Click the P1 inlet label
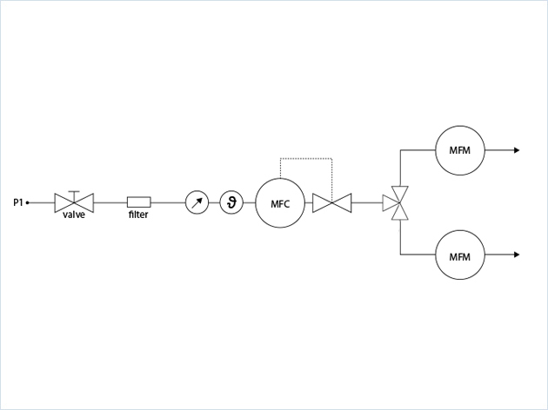17,203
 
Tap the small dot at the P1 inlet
28,203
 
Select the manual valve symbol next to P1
74,203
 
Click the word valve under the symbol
74,215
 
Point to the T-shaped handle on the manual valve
74,191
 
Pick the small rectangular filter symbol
138,202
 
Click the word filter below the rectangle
138,215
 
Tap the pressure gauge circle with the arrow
197,203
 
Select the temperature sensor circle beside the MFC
231,203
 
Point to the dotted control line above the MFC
304,159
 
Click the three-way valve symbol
399,203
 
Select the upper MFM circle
459,150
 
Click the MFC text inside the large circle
279,204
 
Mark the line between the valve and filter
110,203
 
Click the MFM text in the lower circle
459,256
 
